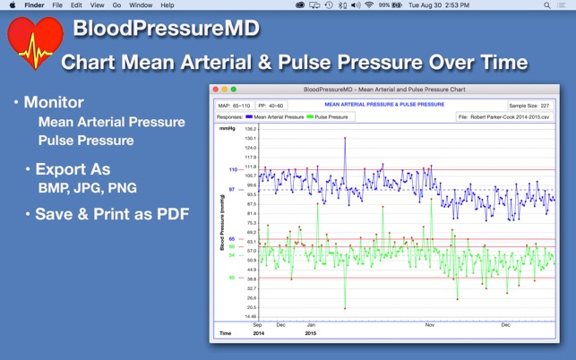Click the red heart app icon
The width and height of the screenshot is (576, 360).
coord(34,43)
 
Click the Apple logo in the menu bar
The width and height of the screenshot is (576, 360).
coord(12,5)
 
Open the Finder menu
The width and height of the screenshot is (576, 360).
coord(34,5)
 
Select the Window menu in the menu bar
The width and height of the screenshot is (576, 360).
coord(141,5)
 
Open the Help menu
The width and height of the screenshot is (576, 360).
coord(168,5)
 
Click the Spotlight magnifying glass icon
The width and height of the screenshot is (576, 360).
coord(547,5)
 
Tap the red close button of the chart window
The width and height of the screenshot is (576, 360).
coord(216,90)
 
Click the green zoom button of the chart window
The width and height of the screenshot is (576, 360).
coord(234,90)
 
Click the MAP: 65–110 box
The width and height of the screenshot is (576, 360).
coord(235,105)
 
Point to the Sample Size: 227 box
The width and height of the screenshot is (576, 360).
coord(529,105)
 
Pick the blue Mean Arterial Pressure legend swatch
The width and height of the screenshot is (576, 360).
coord(249,116)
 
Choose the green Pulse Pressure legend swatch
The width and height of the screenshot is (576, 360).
coord(310,116)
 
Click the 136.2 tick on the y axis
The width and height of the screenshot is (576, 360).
coord(250,129)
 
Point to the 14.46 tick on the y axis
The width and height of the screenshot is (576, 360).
coord(250,316)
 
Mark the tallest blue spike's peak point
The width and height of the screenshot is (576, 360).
coord(345,138)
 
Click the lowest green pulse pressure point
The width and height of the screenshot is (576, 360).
coord(345,308)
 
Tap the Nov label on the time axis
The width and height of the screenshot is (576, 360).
coord(429,324)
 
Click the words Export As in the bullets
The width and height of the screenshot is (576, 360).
coord(74,169)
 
